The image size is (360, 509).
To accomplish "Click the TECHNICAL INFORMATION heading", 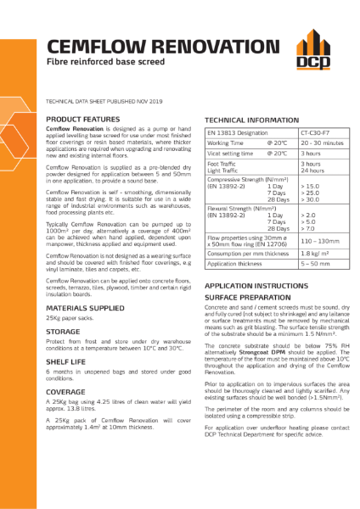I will point(250,120).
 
